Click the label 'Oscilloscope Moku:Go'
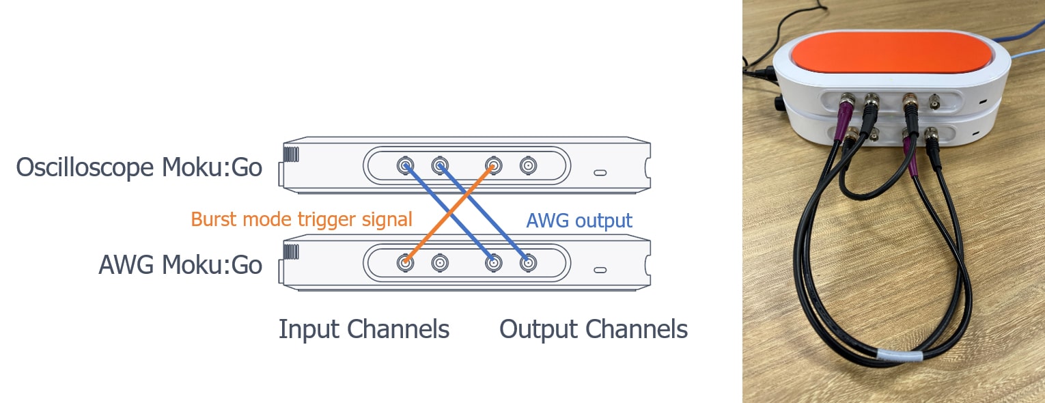click(139, 167)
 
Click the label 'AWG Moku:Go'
click(180, 265)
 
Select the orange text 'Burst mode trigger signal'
click(301, 219)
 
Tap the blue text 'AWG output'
click(579, 221)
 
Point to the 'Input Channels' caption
click(363, 329)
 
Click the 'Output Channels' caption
click(593, 329)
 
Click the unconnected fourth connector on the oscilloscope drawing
click(527, 165)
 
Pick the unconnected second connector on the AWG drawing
click(439, 262)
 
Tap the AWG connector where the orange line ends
click(406, 262)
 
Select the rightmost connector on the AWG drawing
click(527, 262)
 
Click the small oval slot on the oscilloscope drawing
click(600, 173)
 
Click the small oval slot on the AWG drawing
click(600, 270)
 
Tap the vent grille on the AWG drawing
click(292, 252)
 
